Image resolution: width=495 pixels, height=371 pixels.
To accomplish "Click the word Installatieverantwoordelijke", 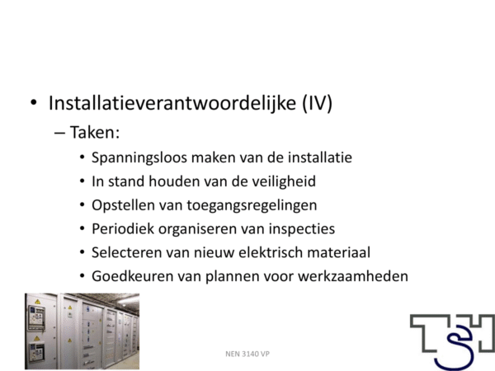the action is click(172, 103).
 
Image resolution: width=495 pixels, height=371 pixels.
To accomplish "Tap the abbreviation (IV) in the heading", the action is click(318, 103).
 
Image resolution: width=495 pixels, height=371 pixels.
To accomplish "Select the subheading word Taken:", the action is click(95, 132).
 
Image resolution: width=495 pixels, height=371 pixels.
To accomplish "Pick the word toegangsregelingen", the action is click(252, 205).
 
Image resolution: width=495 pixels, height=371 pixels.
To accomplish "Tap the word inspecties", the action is click(302, 229).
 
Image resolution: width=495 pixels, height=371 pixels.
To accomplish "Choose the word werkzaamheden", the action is click(353, 276).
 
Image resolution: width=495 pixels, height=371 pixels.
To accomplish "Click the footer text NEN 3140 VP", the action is click(247, 354).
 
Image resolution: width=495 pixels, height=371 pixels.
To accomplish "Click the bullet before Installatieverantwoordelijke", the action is click(34, 102).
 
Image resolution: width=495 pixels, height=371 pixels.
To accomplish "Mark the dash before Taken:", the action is click(59, 133).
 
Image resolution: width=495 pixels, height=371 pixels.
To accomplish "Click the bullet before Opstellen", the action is click(82, 205).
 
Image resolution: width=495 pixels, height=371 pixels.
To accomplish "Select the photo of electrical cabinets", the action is click(82, 331).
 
